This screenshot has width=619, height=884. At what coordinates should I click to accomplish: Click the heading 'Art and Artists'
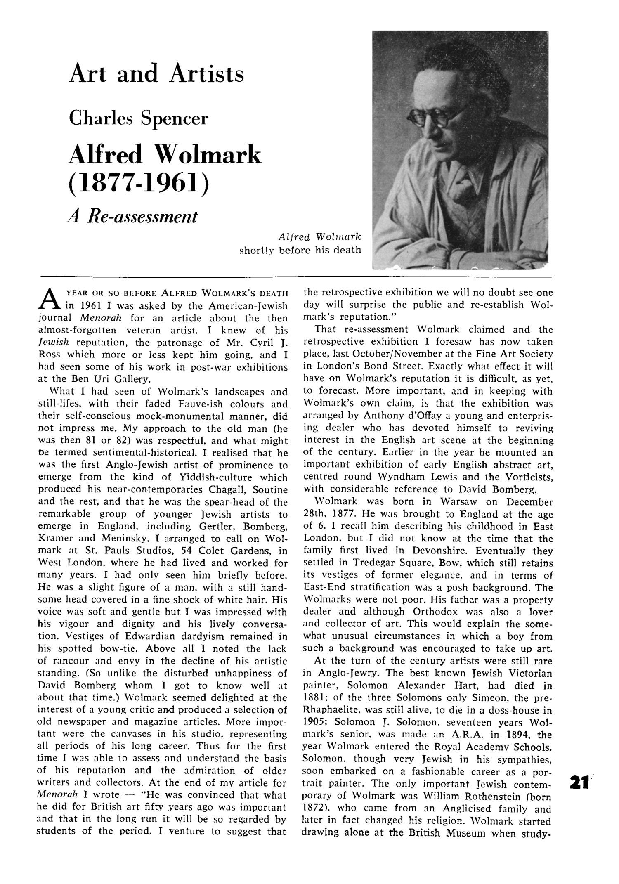(x=156, y=74)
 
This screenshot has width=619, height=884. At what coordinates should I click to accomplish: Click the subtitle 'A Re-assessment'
(x=132, y=216)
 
